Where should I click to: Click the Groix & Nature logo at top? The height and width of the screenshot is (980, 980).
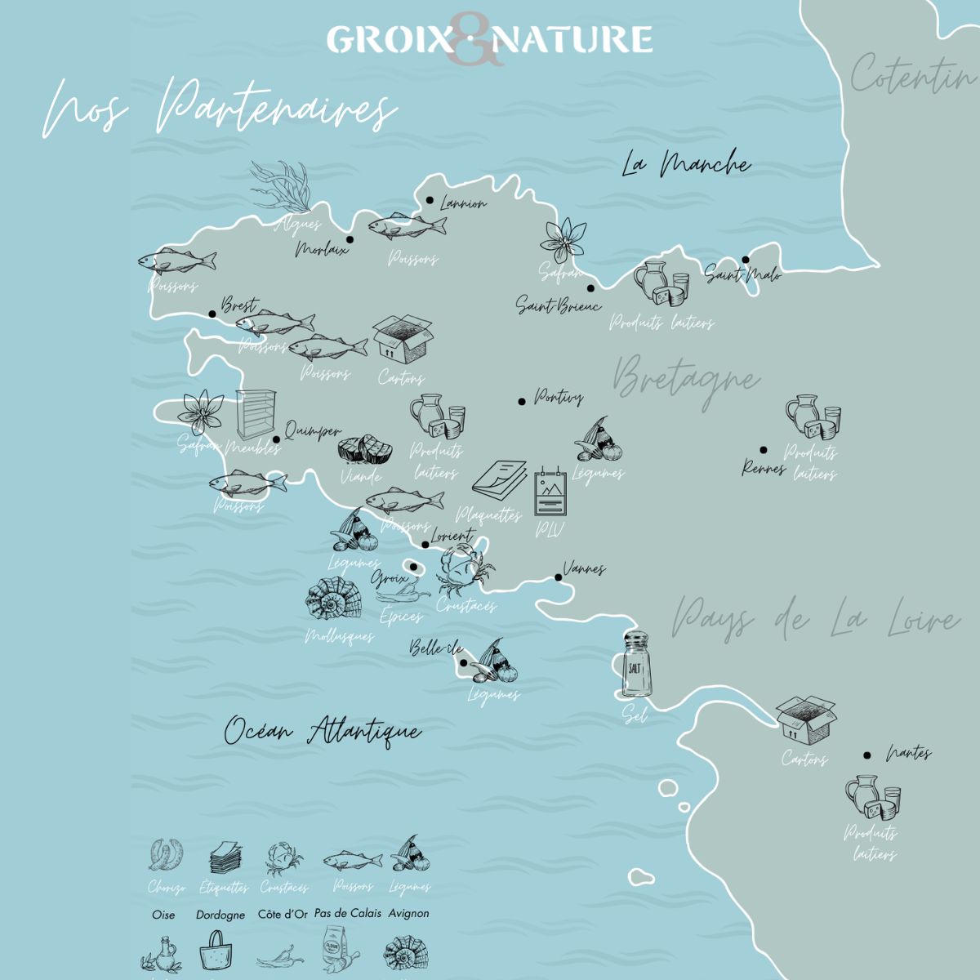pyautogui.click(x=489, y=39)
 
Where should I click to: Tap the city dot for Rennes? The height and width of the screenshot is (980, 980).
pyautogui.click(x=764, y=449)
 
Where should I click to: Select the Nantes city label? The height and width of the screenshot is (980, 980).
pyautogui.click(x=908, y=753)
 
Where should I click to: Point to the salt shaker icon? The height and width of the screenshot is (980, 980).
pyautogui.click(x=635, y=665)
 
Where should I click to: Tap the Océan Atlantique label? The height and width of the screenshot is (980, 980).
pyautogui.click(x=323, y=731)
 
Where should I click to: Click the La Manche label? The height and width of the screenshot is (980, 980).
pyautogui.click(x=685, y=164)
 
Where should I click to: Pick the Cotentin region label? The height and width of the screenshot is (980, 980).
pyautogui.click(x=912, y=76)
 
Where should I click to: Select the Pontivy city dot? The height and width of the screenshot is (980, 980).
pyautogui.click(x=521, y=401)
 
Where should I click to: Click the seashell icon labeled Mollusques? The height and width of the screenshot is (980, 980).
pyautogui.click(x=330, y=602)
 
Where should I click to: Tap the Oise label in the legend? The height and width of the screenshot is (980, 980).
pyautogui.click(x=163, y=914)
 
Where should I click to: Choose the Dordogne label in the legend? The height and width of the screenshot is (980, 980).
pyautogui.click(x=220, y=915)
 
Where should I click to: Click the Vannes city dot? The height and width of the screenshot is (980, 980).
pyautogui.click(x=559, y=577)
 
